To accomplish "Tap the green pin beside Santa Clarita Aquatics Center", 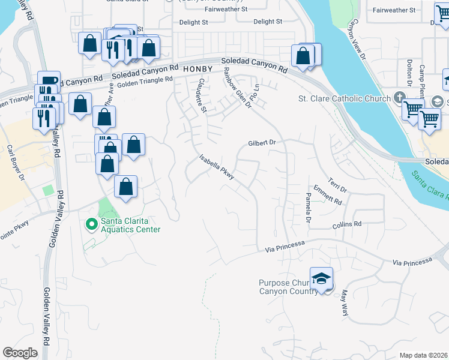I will [x=92, y=224].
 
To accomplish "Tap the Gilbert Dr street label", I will [x=262, y=143].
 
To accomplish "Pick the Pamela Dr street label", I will [x=308, y=208].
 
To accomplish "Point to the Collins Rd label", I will [x=347, y=224].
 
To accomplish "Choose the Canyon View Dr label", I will [x=357, y=40].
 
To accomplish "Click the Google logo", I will [x=20, y=353].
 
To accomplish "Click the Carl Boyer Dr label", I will [x=14, y=162].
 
